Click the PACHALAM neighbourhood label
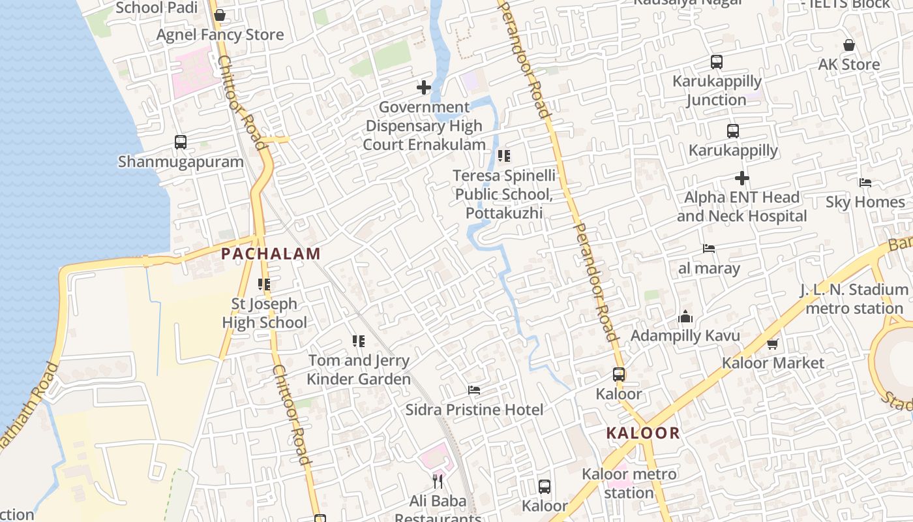[271, 254]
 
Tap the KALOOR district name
[642, 433]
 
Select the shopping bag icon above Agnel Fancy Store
[220, 14]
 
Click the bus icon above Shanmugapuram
[181, 142]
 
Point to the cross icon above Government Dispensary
[424, 87]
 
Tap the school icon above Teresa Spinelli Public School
[504, 155]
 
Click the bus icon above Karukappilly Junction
[717, 62]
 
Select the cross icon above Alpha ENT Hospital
[741, 177]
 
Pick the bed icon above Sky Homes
[865, 183]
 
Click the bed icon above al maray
[709, 249]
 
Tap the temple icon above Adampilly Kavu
[685, 316]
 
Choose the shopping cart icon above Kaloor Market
[773, 343]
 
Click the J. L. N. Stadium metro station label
[854, 298]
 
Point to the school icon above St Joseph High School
[264, 284]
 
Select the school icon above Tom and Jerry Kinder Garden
[359, 341]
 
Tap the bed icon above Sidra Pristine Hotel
[474, 390]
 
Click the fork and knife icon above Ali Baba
[438, 482]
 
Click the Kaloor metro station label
[629, 483]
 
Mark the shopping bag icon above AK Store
[849, 45]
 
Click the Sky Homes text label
[865, 202]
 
